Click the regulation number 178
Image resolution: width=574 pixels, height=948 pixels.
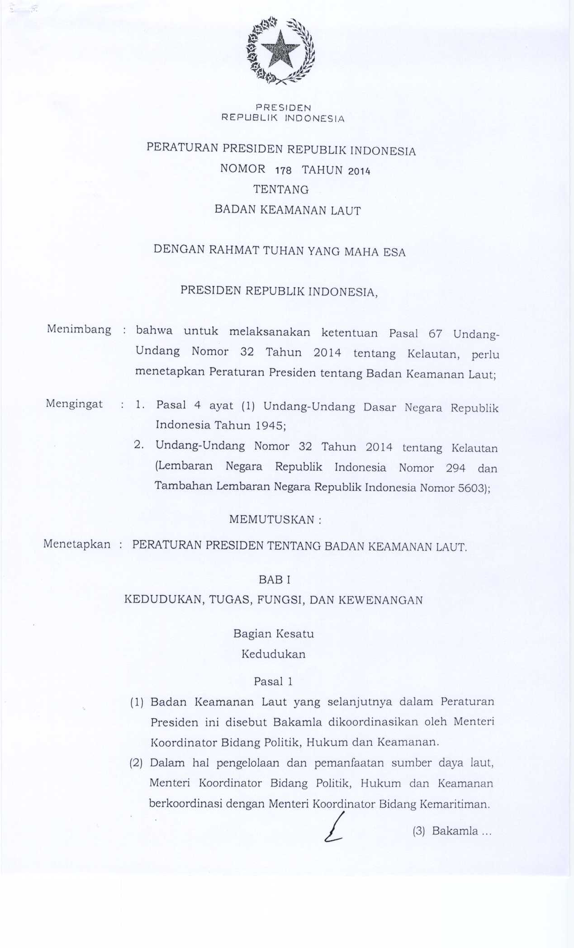pyautogui.click(x=283, y=171)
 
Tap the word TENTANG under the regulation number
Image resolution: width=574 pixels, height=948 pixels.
pyautogui.click(x=281, y=190)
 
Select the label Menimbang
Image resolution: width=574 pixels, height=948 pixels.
pyautogui.click(x=79, y=329)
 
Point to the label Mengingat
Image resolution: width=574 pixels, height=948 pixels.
pyautogui.click(x=74, y=404)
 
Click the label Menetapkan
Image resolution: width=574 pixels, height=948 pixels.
pyautogui.click(x=77, y=544)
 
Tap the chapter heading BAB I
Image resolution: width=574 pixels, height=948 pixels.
pyautogui.click(x=275, y=579)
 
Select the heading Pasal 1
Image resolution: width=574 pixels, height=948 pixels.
pyautogui.click(x=273, y=682)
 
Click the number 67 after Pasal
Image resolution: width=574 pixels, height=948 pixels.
pyautogui.click(x=435, y=334)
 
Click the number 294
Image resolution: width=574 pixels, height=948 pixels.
pyautogui.click(x=455, y=468)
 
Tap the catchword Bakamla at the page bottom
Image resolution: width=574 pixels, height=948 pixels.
pyautogui.click(x=455, y=831)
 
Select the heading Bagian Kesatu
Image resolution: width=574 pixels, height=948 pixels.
pyautogui.click(x=274, y=634)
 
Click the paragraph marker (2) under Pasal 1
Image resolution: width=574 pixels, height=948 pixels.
pyautogui.click(x=136, y=763)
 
